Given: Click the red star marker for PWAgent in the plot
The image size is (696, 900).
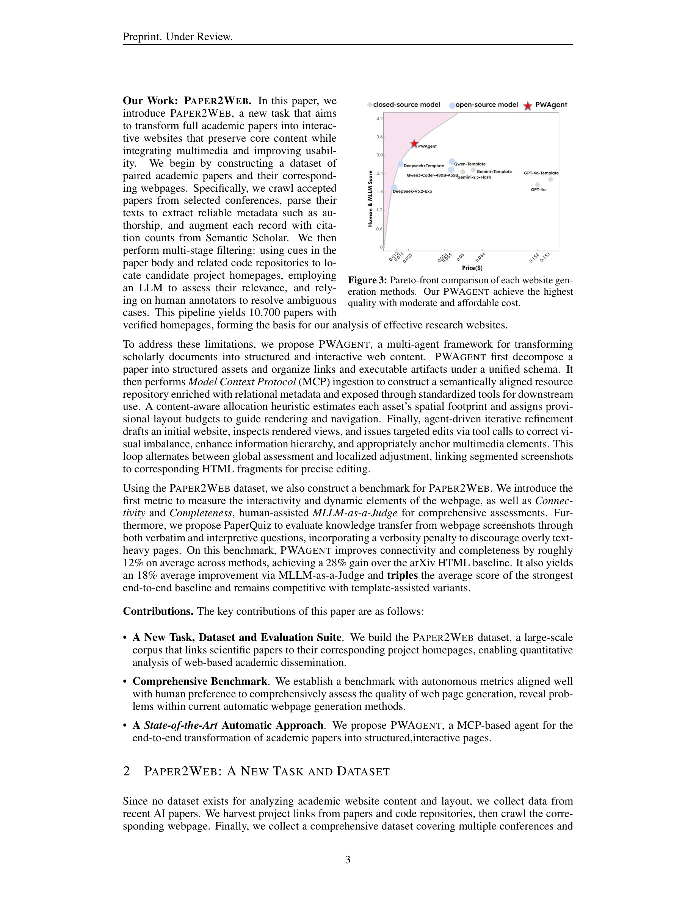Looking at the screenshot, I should [x=414, y=144].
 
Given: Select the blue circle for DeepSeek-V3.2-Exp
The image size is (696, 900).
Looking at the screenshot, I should [x=394, y=187].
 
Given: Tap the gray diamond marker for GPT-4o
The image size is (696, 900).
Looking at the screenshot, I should [x=537, y=184].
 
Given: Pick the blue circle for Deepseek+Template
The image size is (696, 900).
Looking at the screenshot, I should [x=400, y=164].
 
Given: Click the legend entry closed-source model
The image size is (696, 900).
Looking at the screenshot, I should [x=406, y=105].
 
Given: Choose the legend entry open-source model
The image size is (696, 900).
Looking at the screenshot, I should [x=486, y=105].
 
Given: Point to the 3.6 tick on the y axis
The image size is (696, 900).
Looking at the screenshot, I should [x=379, y=137].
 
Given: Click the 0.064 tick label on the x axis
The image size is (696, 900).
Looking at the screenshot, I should [x=480, y=258].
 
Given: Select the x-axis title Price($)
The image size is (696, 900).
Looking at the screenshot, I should [x=472, y=268].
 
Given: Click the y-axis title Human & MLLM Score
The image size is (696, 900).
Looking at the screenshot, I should [x=370, y=198].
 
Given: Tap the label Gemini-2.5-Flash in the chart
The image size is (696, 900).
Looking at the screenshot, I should [x=474, y=177].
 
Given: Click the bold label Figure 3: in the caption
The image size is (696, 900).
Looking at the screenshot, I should [x=367, y=281].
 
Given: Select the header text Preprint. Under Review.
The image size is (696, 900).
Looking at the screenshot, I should [x=178, y=37].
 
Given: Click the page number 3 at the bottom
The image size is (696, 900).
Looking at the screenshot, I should [x=348, y=859].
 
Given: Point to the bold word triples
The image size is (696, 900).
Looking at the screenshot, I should [x=402, y=575].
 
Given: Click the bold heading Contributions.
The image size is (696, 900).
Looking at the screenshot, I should [x=158, y=611].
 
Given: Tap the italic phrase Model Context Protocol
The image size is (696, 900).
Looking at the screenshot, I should [x=241, y=382].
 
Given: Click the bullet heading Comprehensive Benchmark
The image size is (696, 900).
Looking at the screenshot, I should [x=199, y=681].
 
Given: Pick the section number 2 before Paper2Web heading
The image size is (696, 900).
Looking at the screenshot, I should [x=127, y=771].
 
